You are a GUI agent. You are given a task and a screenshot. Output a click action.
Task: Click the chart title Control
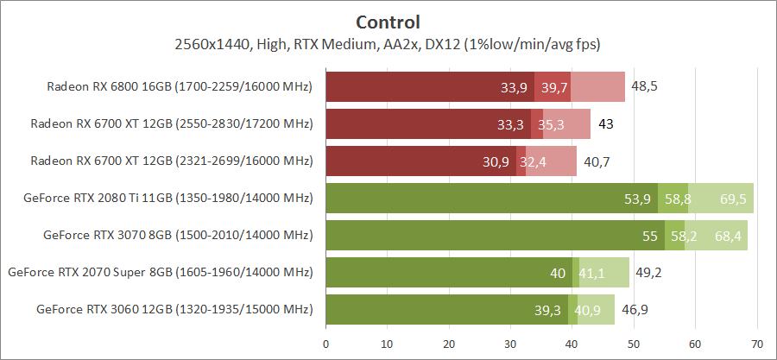point(388,22)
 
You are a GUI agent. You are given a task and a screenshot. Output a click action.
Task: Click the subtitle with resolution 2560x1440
point(388,44)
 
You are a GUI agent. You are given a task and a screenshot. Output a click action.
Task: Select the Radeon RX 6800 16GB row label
point(179,87)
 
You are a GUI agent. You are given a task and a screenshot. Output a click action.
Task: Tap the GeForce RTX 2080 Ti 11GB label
point(168,198)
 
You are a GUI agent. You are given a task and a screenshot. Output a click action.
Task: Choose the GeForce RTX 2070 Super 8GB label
point(160,272)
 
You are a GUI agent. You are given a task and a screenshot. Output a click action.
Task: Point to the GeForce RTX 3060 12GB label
point(174,309)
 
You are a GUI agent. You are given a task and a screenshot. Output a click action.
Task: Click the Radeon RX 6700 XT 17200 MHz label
point(170,124)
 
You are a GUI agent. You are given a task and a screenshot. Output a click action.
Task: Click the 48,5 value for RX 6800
point(644,87)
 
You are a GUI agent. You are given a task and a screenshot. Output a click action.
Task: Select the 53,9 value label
point(637,199)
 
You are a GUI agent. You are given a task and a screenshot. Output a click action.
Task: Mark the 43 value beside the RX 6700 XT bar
point(606,124)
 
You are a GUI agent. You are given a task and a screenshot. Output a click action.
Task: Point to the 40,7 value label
point(597,161)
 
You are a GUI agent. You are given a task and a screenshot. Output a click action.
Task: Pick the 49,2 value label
point(648,273)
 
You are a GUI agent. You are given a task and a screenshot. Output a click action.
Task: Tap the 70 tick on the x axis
point(757,344)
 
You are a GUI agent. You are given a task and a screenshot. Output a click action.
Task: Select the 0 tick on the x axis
point(325,344)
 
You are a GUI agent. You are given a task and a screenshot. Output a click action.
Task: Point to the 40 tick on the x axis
point(572,344)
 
